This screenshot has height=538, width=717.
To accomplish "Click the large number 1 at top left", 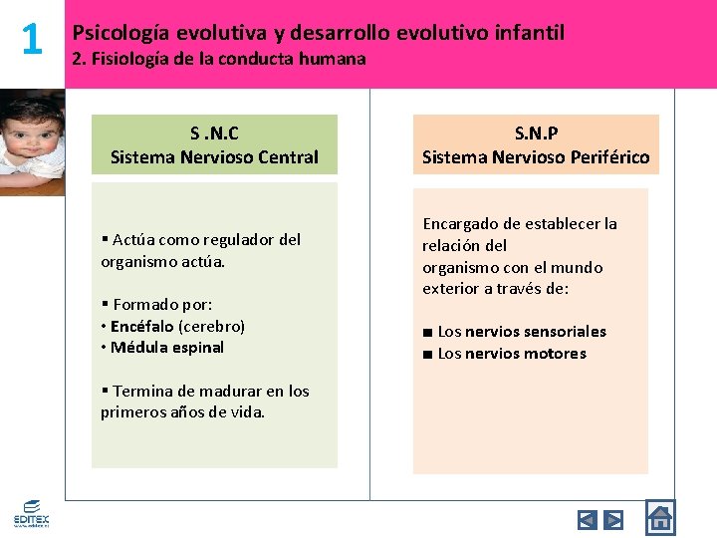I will click(x=32, y=40).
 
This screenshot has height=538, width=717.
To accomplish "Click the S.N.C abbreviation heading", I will click(x=214, y=134).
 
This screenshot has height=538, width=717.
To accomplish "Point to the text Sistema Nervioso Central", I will click(x=214, y=156).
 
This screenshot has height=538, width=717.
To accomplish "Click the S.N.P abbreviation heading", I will click(x=536, y=134).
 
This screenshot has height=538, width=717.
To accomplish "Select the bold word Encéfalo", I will click(x=141, y=326).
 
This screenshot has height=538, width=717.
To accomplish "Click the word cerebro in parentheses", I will click(x=211, y=326).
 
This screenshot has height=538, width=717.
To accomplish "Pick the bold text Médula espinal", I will click(x=166, y=348).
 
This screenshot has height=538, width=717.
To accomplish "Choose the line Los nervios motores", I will click(x=511, y=354).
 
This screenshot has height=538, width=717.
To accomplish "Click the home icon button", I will click(x=659, y=518).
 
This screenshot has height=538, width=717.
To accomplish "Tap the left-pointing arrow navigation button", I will click(x=588, y=519).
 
